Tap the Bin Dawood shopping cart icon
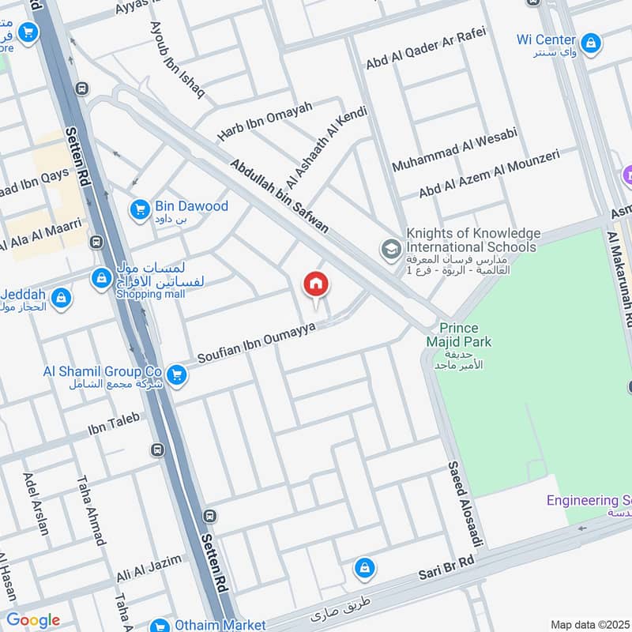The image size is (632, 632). pyautogui.click(x=140, y=209)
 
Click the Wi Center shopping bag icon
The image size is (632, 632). pyautogui.click(x=590, y=42)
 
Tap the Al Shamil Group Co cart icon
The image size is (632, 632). pyautogui.click(x=178, y=374)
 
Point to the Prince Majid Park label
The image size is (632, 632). pyautogui.click(x=465, y=335)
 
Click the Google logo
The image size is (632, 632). pyautogui.click(x=32, y=620)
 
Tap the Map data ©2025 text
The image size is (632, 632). pyautogui.click(x=589, y=624)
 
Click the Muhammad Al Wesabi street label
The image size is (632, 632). pyautogui.click(x=454, y=149)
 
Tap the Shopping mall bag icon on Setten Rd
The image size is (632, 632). pyautogui.click(x=101, y=278)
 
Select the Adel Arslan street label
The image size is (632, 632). pyautogui.click(x=36, y=503)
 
